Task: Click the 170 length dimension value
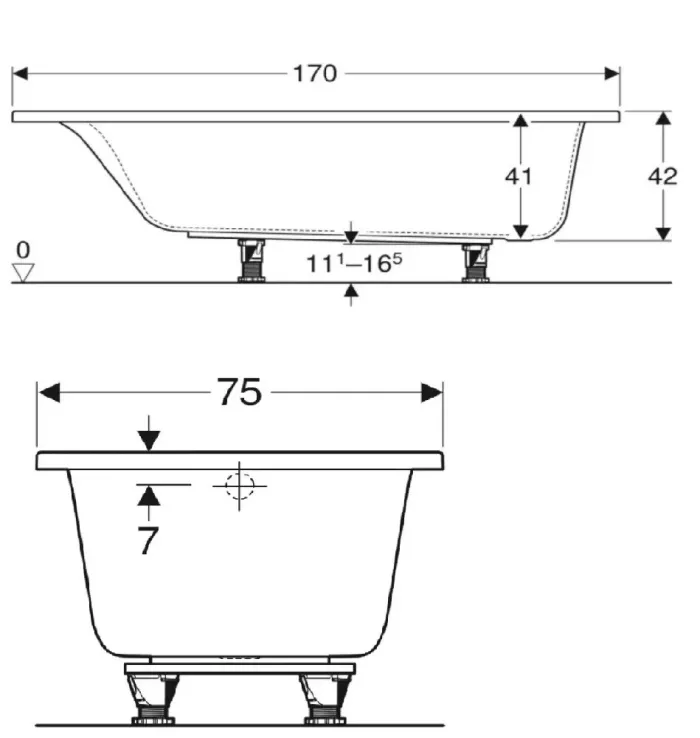315,74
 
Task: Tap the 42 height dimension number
663,176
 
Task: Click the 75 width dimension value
240,393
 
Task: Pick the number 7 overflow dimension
148,541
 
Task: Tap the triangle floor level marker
24,271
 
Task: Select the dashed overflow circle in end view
239,486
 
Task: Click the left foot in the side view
250,261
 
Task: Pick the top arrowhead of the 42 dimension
663,120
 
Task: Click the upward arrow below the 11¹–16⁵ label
351,292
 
